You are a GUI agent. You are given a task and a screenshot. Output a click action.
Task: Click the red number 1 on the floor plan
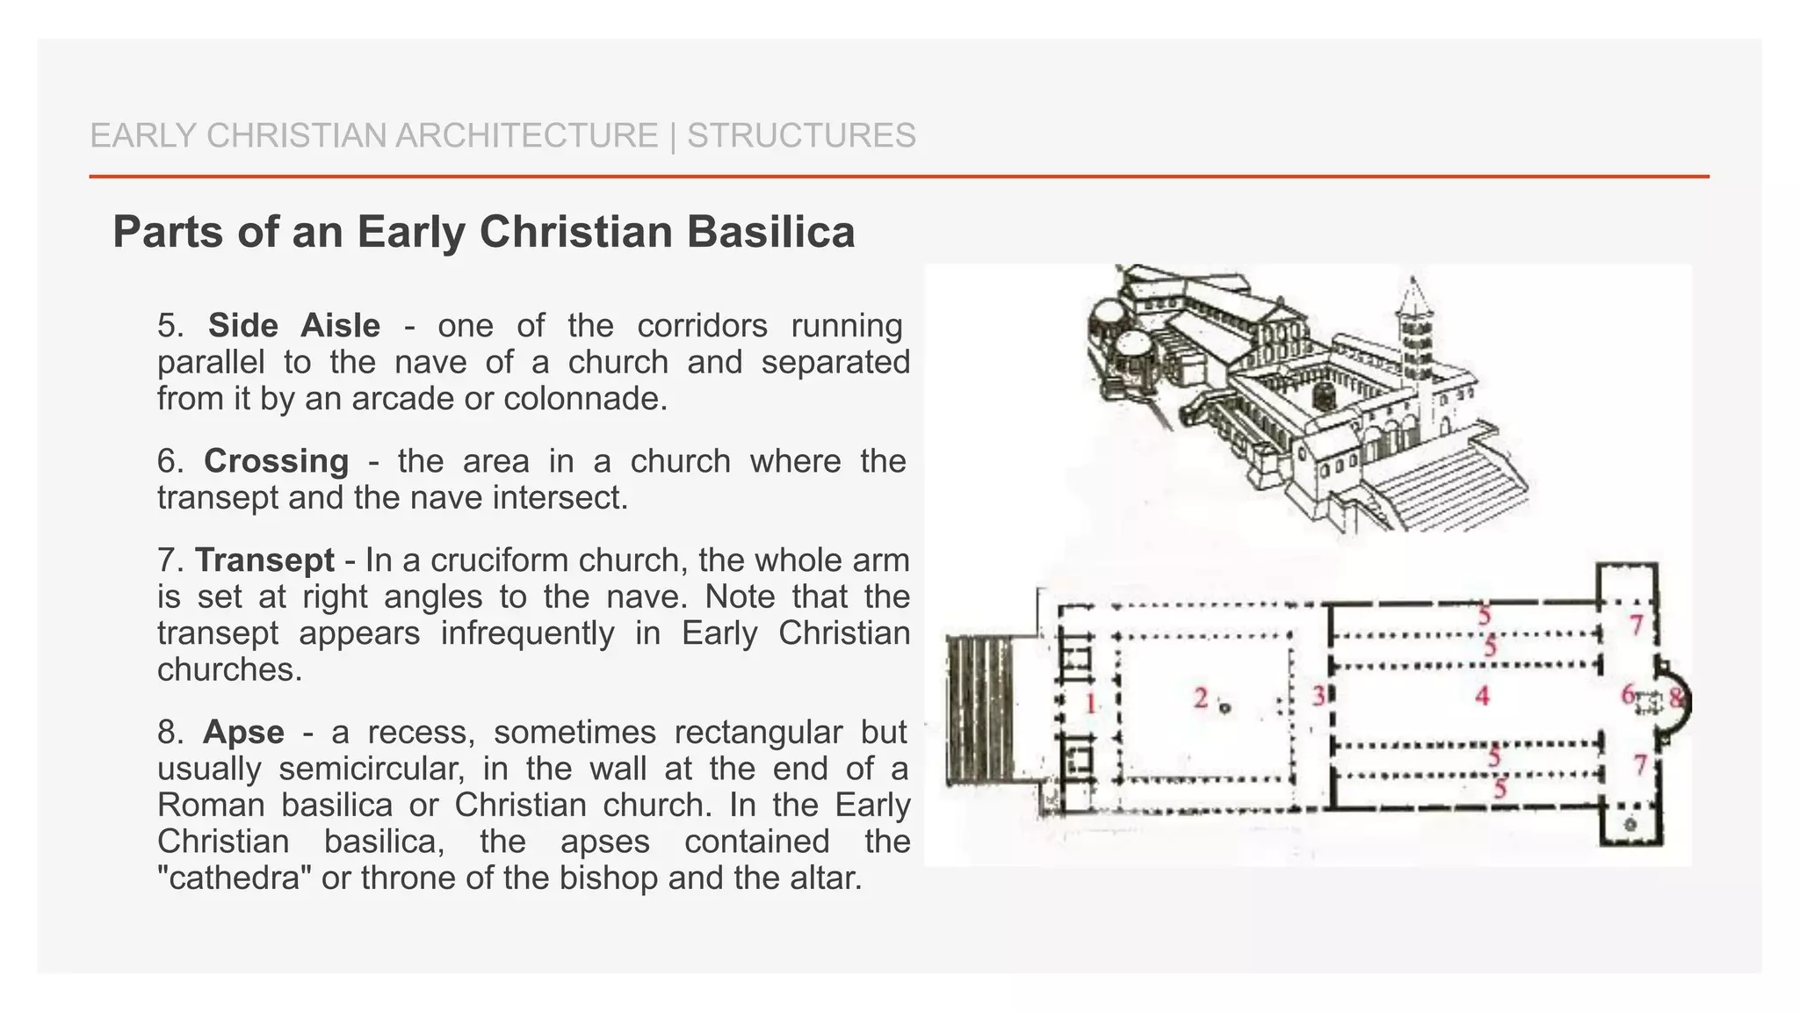tap(1091, 703)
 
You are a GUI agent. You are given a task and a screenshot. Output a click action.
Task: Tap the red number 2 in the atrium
tap(1201, 698)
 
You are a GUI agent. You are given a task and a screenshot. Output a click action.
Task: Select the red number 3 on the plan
tap(1319, 696)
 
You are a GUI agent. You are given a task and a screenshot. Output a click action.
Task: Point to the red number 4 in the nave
tap(1483, 696)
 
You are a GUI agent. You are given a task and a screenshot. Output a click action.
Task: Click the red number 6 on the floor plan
tap(1629, 695)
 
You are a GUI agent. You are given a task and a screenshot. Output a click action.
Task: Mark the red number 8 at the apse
tap(1677, 698)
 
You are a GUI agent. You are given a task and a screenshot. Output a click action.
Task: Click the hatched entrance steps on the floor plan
tap(979, 710)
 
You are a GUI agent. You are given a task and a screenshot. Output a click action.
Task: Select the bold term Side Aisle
tap(294, 326)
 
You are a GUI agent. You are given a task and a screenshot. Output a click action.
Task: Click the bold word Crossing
tap(276, 461)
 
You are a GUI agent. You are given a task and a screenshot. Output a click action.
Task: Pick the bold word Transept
tap(264, 560)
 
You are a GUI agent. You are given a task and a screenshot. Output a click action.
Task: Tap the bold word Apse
tap(243, 732)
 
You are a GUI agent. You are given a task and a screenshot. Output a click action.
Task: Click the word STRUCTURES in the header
tap(801, 136)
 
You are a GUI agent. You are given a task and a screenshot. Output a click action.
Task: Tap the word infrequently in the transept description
tap(527, 633)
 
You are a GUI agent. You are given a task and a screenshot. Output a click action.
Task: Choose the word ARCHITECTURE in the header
tap(526, 136)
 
